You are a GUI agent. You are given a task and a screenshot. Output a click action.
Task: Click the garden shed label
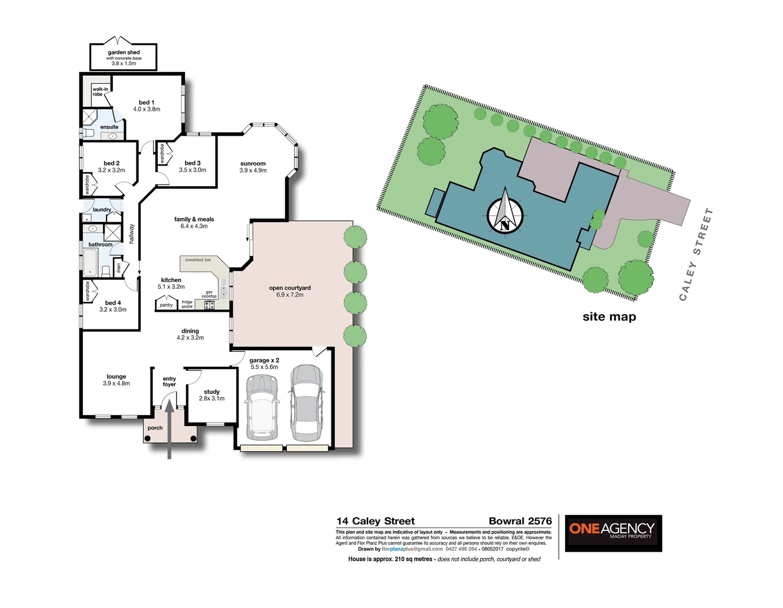123,52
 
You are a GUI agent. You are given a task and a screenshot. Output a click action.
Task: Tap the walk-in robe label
100,92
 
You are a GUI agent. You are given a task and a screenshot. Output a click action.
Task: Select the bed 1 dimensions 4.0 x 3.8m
147,109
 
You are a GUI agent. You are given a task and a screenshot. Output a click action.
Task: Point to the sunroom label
253,163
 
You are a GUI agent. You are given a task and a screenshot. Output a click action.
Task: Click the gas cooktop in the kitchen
209,305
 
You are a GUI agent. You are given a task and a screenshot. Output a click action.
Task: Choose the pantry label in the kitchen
166,305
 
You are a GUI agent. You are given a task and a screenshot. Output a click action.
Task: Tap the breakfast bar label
198,260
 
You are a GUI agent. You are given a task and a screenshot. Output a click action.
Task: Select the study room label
211,392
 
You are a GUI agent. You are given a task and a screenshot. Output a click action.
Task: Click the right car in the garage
306,403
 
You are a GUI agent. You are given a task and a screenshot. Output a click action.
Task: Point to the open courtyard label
290,288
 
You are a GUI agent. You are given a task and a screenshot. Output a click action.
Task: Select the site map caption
609,317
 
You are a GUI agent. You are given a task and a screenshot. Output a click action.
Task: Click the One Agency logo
613,533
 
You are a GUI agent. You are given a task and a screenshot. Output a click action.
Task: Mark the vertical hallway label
132,233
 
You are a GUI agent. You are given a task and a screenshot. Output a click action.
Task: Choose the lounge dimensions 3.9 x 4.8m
116,383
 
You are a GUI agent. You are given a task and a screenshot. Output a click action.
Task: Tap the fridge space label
187,304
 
